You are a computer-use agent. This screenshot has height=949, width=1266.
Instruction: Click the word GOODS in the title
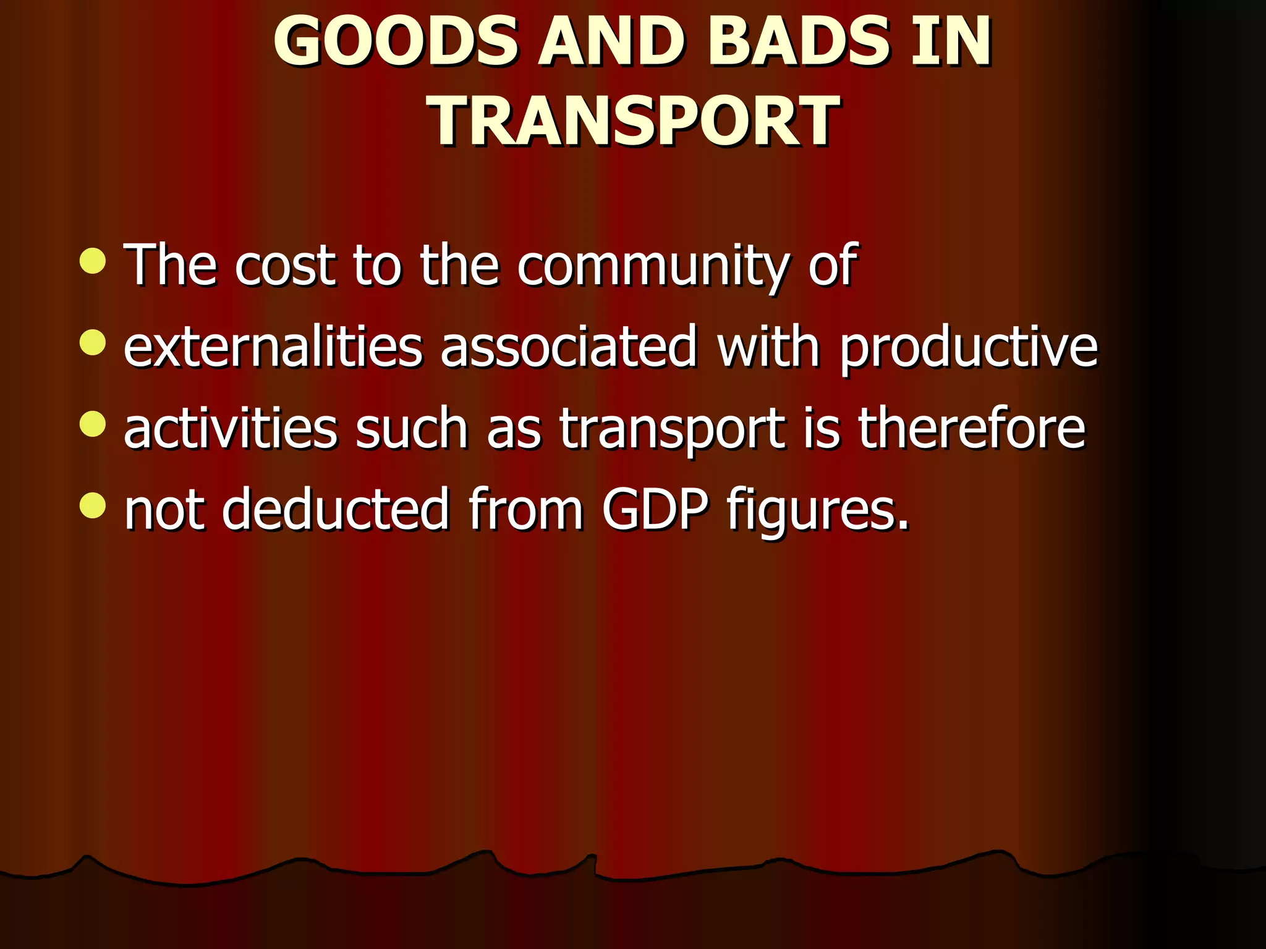(396, 42)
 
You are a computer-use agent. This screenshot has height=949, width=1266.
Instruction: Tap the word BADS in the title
(798, 42)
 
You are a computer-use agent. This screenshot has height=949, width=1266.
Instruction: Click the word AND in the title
(611, 42)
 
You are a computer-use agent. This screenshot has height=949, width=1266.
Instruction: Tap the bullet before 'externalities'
(93, 342)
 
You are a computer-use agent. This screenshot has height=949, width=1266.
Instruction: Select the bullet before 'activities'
(93, 424)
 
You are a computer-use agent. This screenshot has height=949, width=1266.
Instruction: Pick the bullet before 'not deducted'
(93, 506)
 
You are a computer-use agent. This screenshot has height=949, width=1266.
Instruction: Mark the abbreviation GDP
(655, 510)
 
